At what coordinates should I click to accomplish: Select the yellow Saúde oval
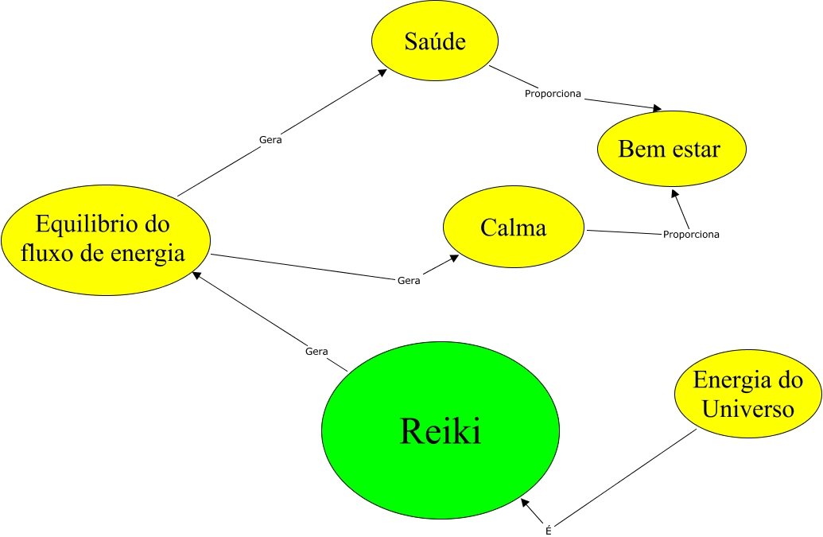[x=435, y=42]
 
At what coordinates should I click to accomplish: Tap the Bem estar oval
[x=670, y=150]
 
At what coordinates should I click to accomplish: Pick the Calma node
[x=513, y=228]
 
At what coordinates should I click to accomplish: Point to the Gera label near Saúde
[x=270, y=140]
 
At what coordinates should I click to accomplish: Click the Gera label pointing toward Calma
[x=408, y=281]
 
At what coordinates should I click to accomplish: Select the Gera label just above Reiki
[x=316, y=351]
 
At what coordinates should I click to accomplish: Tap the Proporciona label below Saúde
[x=553, y=94]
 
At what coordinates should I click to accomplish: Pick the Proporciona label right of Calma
[x=691, y=235]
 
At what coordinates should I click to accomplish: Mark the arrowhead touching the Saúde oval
[x=383, y=72]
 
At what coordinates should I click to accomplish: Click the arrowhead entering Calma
[x=456, y=259]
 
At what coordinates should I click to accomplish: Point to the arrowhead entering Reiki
[x=525, y=503]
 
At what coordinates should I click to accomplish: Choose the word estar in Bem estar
[x=693, y=150]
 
